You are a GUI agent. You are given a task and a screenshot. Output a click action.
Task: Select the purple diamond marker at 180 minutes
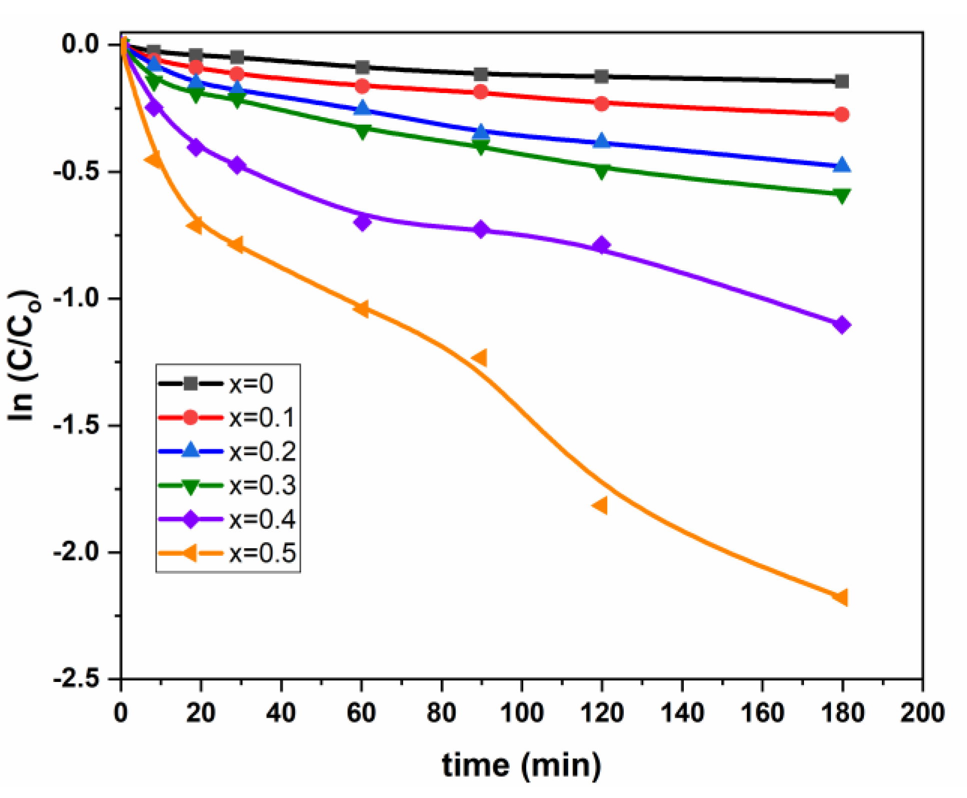pos(841,325)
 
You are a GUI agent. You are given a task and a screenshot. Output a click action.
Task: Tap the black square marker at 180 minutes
pos(841,81)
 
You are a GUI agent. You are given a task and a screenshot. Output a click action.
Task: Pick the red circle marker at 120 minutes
pos(601,104)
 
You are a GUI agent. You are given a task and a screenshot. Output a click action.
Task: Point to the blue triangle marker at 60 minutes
pos(362,109)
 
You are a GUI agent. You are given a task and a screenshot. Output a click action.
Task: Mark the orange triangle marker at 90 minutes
pos(480,358)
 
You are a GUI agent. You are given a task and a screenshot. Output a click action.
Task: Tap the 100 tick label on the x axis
pos(521,712)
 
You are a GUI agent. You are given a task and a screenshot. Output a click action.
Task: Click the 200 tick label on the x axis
pos(921,712)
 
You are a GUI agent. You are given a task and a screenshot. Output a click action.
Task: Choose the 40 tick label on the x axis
pos(281,712)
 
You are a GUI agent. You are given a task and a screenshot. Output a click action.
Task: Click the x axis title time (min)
pos(521,765)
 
